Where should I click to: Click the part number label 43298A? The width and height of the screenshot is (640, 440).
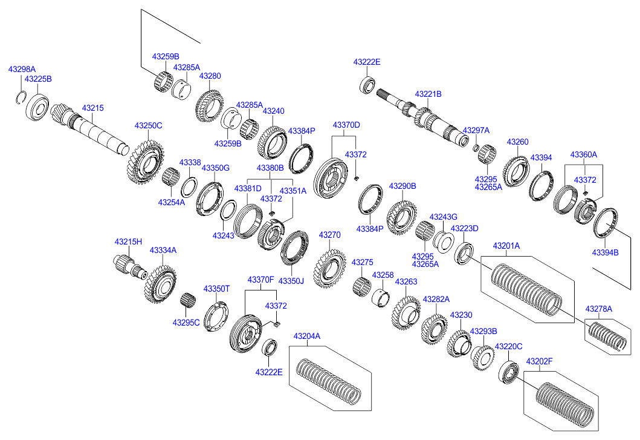(22, 70)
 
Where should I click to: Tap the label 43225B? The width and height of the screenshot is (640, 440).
(38, 79)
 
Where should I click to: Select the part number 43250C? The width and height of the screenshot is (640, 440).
(148, 126)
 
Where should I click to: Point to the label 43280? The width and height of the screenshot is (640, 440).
(210, 76)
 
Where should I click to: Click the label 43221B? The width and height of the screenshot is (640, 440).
(428, 94)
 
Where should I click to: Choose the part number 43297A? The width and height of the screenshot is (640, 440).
(476, 131)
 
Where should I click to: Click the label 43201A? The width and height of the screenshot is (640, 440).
(506, 246)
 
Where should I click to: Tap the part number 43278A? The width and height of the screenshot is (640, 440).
(598, 309)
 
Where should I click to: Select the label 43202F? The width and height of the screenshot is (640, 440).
(540, 362)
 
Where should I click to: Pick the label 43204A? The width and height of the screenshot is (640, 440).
(307, 337)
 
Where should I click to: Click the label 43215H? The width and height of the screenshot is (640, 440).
(128, 242)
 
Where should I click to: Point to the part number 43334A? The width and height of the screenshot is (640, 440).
(163, 250)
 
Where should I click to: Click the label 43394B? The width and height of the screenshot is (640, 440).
(605, 252)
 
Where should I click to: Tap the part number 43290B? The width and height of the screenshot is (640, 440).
(402, 186)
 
